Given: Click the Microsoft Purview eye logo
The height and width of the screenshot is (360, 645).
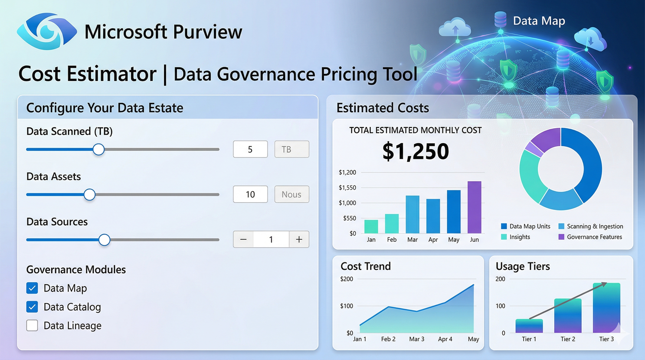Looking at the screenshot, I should tap(46, 31).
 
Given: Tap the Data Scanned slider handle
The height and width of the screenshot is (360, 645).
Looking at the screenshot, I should tap(98, 149).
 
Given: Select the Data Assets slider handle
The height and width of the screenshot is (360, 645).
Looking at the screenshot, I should tap(89, 194).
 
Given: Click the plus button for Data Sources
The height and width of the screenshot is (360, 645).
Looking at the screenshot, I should tap(299, 240).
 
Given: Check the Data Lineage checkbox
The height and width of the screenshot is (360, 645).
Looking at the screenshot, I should tap(32, 326).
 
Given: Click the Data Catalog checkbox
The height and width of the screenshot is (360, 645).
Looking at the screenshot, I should tap(32, 307).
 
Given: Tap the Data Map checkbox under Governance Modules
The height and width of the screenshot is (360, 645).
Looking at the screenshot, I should tap(32, 288).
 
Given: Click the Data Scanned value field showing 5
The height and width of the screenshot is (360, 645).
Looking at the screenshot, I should tap(250, 149).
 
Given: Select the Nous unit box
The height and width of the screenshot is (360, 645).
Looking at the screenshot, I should tap(292, 194).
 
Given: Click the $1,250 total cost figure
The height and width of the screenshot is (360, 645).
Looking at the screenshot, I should tap(415, 151).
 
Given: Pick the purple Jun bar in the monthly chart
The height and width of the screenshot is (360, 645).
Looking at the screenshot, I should tap(474, 207).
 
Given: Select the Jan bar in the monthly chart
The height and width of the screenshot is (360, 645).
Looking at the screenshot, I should tap(371, 226).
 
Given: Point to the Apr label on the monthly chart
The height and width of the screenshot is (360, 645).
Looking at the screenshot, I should tap(433, 240).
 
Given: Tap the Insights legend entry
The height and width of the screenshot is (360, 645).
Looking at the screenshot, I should tap(516, 237).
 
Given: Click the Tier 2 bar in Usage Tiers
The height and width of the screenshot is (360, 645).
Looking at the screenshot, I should tap(568, 315).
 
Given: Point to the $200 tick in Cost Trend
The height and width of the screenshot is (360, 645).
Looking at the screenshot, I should tap(347, 279).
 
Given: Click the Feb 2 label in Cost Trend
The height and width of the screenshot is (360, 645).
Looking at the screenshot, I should tap(388, 339).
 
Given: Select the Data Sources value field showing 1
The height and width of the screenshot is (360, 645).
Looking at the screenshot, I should tap(271, 240).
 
